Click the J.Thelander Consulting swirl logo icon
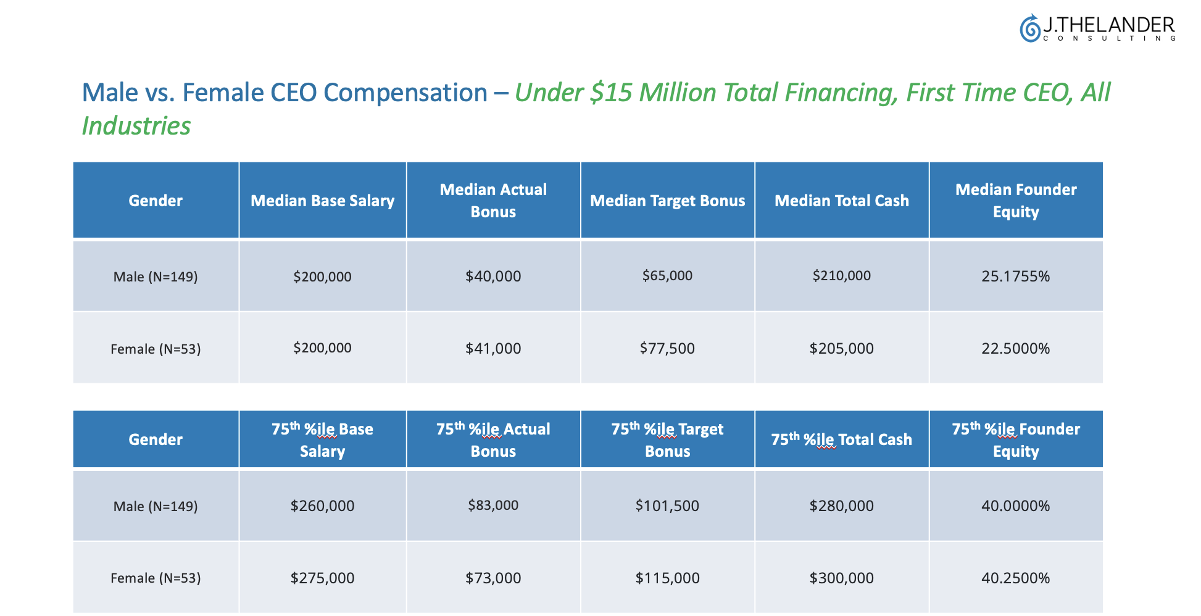click(x=1029, y=28)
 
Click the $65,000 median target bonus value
click(x=667, y=275)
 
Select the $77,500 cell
click(x=667, y=348)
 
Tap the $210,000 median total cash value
click(x=841, y=275)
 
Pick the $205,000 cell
click(x=841, y=348)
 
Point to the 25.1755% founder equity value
click(x=1015, y=276)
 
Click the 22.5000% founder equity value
click(x=1015, y=348)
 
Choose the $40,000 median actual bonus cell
click(x=493, y=276)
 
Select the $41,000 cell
click(x=493, y=348)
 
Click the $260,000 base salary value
click(x=322, y=506)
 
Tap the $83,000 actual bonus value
click(x=493, y=505)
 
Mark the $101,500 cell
click(x=667, y=506)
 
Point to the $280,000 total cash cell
click(x=841, y=506)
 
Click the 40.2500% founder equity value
click(x=1015, y=578)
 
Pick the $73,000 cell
click(x=493, y=578)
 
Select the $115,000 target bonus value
click(x=667, y=578)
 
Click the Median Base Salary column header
click(x=322, y=201)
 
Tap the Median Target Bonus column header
click(x=667, y=201)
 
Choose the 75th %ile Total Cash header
click(x=841, y=439)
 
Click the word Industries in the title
click(x=136, y=126)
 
